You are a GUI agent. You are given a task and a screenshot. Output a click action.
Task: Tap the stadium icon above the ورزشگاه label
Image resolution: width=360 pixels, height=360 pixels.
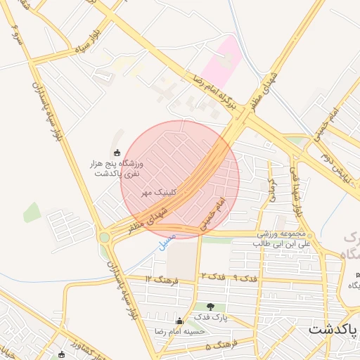[x=117, y=153]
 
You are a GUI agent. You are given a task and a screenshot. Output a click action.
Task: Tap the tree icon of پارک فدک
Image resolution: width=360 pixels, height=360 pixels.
[x=211, y=306]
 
